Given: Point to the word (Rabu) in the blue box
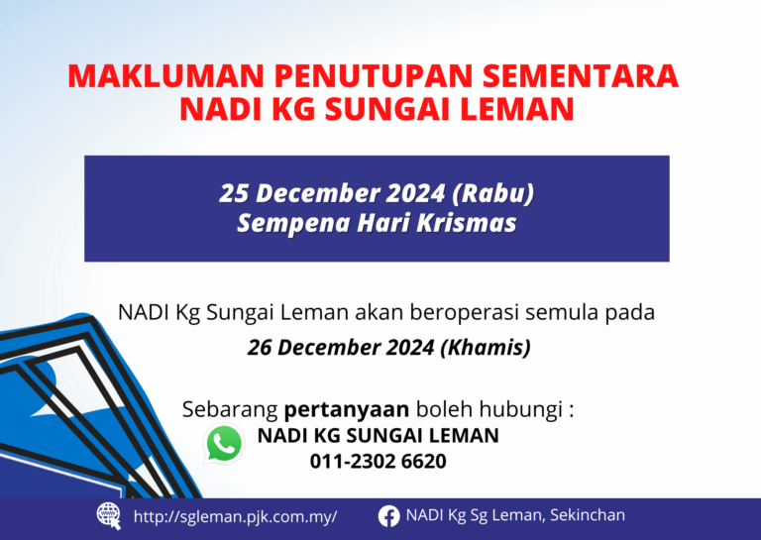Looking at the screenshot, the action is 493,193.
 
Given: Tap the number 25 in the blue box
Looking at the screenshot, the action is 234,193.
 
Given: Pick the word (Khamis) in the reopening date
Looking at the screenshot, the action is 486,348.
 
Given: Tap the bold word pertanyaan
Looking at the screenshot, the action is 347,410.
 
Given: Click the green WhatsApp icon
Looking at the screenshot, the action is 224,444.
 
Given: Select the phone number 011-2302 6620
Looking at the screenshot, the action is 379,461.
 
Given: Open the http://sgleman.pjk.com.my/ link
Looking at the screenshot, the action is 236,516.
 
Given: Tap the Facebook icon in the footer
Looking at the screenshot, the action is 388,516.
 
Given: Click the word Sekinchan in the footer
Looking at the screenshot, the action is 588,515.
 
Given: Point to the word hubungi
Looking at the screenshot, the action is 520,410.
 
